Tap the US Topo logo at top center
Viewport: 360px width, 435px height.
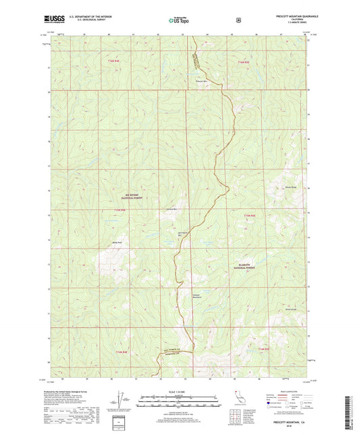tap(180, 20)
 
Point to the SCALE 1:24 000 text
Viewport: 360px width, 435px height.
tap(179, 390)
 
